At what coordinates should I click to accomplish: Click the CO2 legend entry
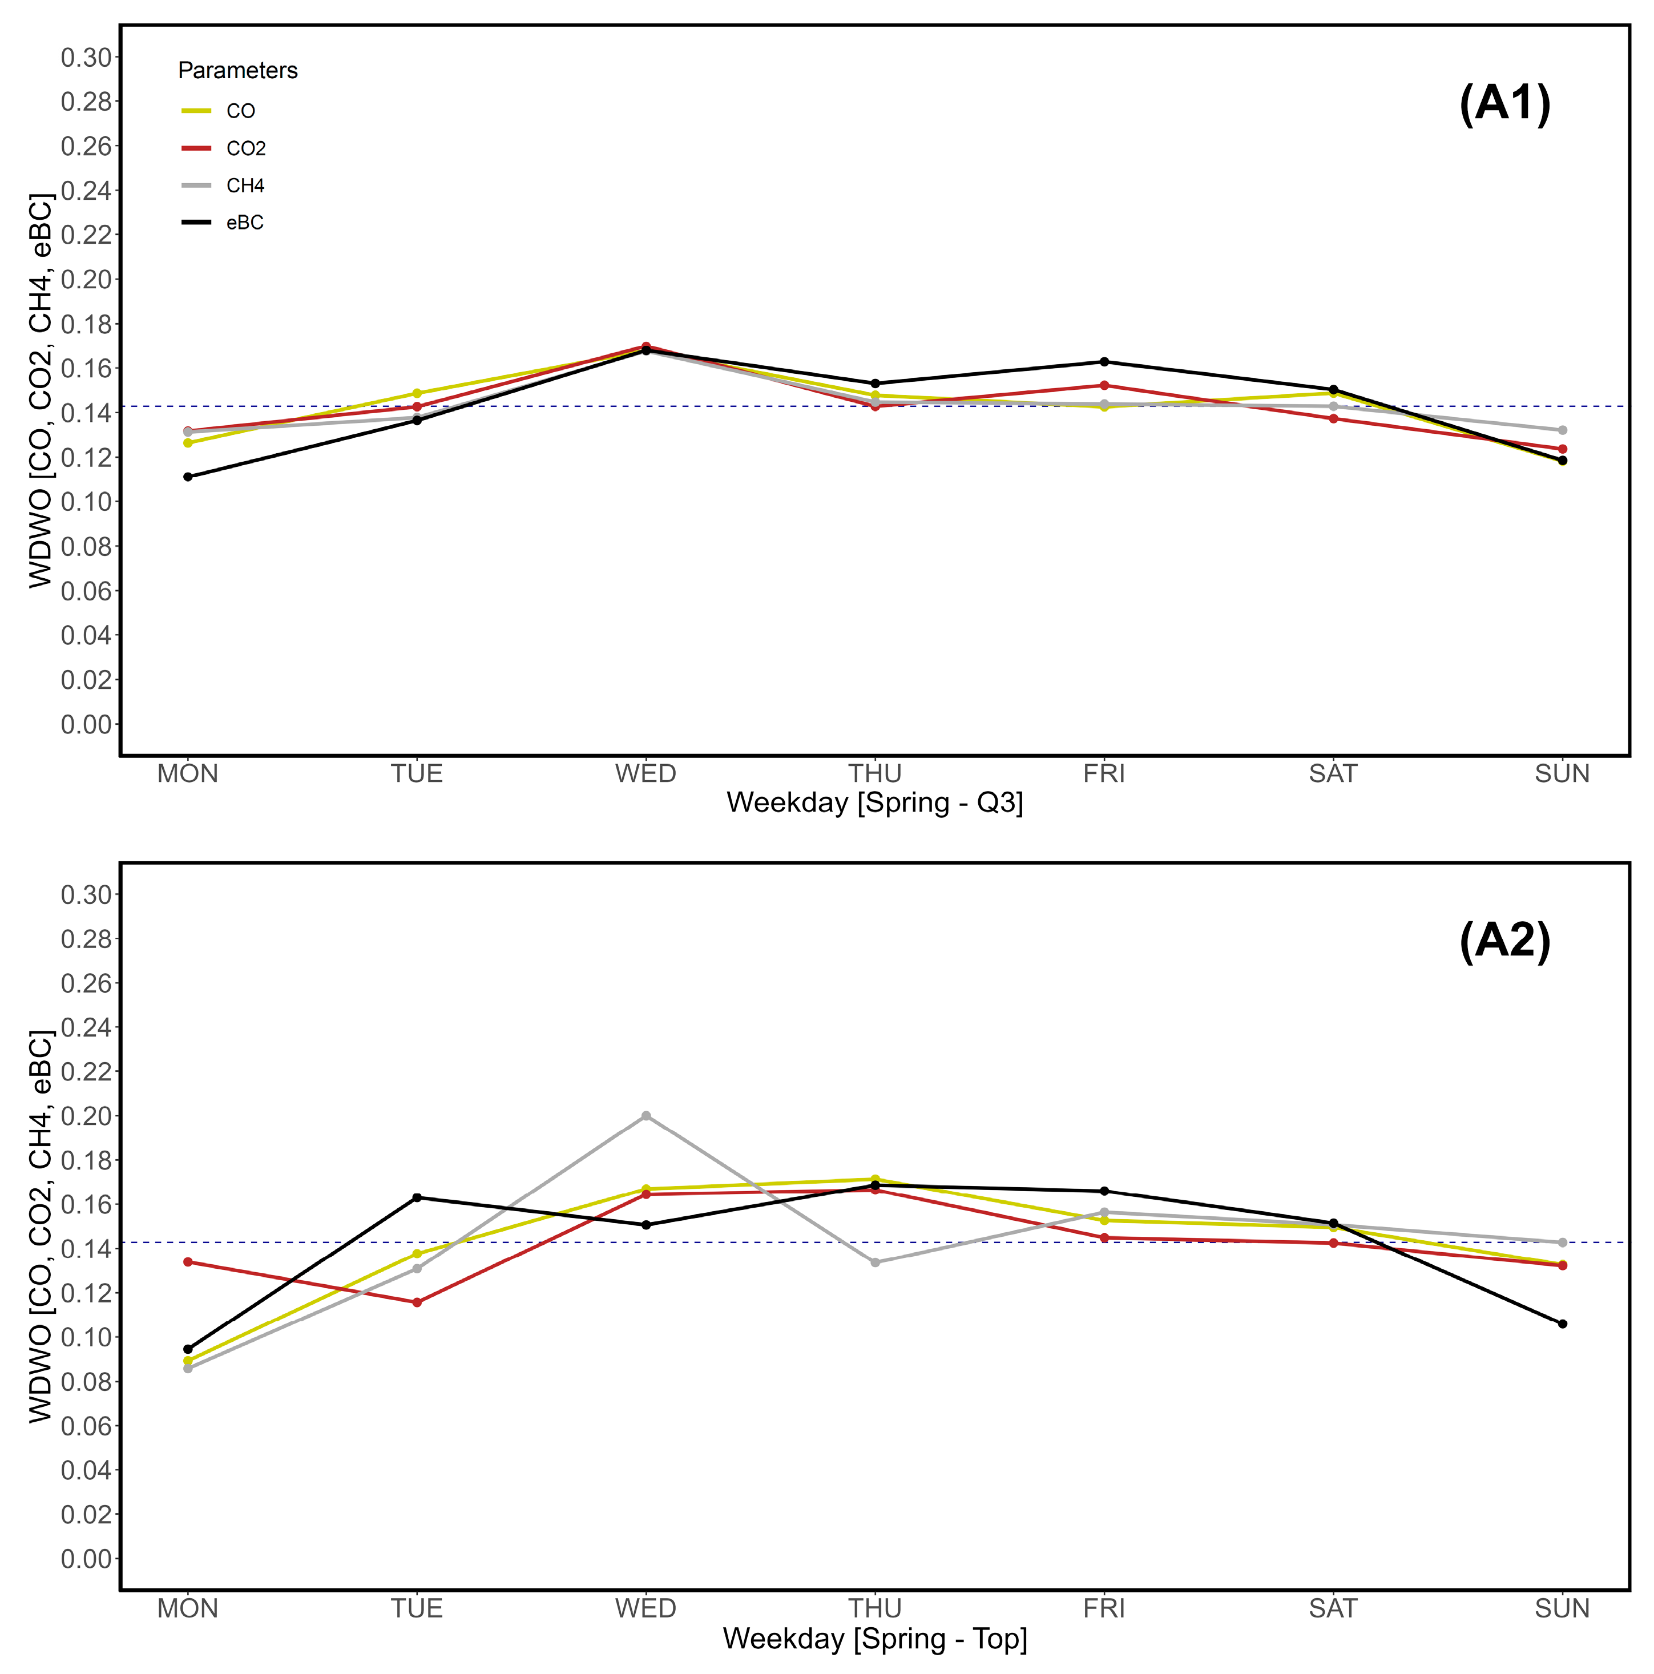coord(245,148)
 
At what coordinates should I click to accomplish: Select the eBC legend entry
coord(244,223)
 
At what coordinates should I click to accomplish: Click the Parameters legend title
coord(237,70)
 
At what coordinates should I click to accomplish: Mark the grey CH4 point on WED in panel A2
coord(646,1116)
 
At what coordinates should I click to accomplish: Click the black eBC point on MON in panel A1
coord(188,477)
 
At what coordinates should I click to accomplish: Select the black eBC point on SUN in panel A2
coord(1562,1324)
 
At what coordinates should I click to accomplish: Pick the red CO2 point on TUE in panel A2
coord(417,1302)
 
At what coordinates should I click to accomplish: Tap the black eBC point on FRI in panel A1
coord(1104,361)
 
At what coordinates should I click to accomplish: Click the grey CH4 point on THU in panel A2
coord(875,1262)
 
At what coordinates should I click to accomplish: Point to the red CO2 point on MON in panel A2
coord(188,1261)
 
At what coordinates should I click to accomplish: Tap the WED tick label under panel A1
coord(646,774)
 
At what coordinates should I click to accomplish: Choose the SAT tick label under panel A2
coord(1333,1609)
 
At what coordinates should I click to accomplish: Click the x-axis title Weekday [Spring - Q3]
coord(874,802)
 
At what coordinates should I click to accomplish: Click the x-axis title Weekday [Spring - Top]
coord(874,1639)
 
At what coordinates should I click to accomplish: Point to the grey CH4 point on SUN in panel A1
coord(1562,430)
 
